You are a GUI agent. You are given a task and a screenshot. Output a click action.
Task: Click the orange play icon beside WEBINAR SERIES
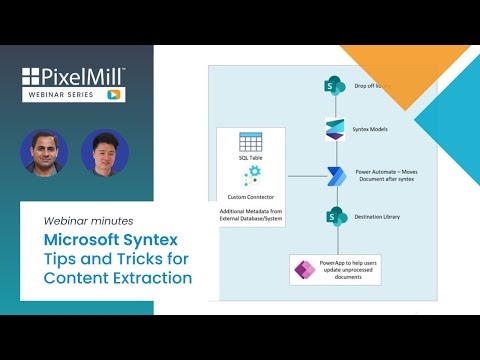tap(115, 95)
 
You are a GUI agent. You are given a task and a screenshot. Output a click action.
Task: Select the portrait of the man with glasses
tap(105, 152)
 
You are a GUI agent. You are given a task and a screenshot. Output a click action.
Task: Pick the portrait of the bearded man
tap(44, 152)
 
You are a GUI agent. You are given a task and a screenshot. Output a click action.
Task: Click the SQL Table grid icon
tap(250, 142)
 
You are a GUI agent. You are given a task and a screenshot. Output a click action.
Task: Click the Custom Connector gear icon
tap(250, 177)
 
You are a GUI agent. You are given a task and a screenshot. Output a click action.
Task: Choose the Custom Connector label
tap(250, 196)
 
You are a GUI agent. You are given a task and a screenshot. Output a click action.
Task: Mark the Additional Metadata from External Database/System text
tap(250, 217)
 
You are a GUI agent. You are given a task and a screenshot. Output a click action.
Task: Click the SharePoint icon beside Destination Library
tap(334, 216)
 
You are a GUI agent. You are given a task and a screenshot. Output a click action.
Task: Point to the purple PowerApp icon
tap(302, 270)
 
